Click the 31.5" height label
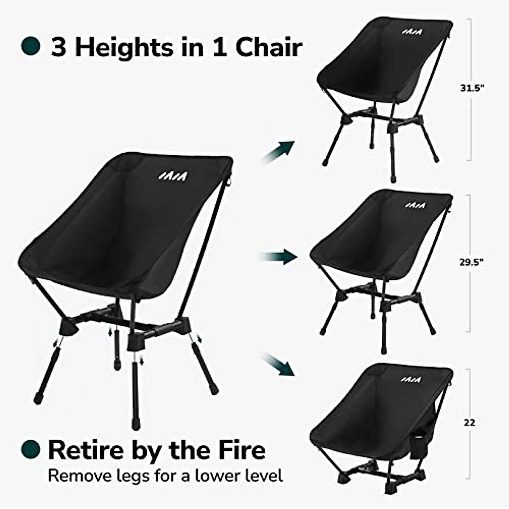(472, 88)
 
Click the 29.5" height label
(472, 263)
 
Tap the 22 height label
(470, 422)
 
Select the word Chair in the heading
(268, 47)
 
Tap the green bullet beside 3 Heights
(31, 46)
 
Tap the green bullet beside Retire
(31, 448)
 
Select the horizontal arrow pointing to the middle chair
(278, 256)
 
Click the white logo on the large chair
(174, 176)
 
